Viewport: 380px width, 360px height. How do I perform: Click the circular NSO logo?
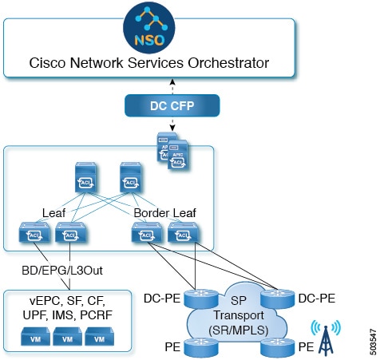[149, 27]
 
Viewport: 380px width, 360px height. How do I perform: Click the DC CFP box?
[172, 105]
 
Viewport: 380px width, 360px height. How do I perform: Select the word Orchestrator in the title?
[228, 63]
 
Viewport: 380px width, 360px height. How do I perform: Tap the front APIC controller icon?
[178, 155]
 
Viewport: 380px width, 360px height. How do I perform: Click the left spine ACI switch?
[85, 177]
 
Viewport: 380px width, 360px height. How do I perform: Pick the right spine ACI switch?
[130, 177]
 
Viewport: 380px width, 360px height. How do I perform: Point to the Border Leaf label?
[164, 213]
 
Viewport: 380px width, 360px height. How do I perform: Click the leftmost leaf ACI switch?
[34, 232]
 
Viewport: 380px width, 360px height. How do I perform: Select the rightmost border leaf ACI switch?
[183, 232]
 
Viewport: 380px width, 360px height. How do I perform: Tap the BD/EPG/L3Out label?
[62, 271]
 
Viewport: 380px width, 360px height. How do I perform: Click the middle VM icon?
[67, 336]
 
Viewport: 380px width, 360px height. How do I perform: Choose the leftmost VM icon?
[35, 336]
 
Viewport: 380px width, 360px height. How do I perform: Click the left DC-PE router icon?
[201, 299]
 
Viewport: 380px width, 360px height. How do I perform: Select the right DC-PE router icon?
[278, 299]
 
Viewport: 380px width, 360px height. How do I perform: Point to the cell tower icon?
[326, 338]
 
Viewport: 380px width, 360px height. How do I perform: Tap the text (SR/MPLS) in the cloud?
[238, 330]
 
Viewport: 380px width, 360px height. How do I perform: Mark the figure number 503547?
[373, 342]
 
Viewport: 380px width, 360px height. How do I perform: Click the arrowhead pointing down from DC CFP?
[172, 129]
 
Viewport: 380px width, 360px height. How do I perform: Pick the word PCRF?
[96, 315]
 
